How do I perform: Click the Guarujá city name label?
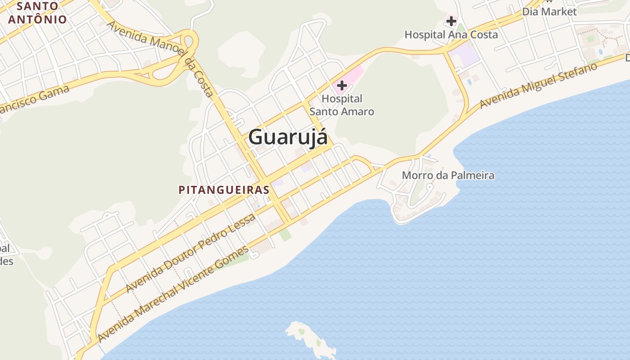[288, 137]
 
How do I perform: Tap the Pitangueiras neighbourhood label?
[224, 190]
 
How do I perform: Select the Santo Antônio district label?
[37, 13]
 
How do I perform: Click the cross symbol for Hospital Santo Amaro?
[342, 85]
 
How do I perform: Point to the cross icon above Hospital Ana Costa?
[451, 21]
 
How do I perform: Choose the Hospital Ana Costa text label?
[451, 35]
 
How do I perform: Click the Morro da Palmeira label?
[448, 175]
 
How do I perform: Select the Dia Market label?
[549, 12]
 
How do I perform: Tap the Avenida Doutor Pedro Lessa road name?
[191, 253]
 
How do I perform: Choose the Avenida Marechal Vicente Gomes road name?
[173, 293]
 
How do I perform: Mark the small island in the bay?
[310, 338]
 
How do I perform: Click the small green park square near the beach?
[284, 235]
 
